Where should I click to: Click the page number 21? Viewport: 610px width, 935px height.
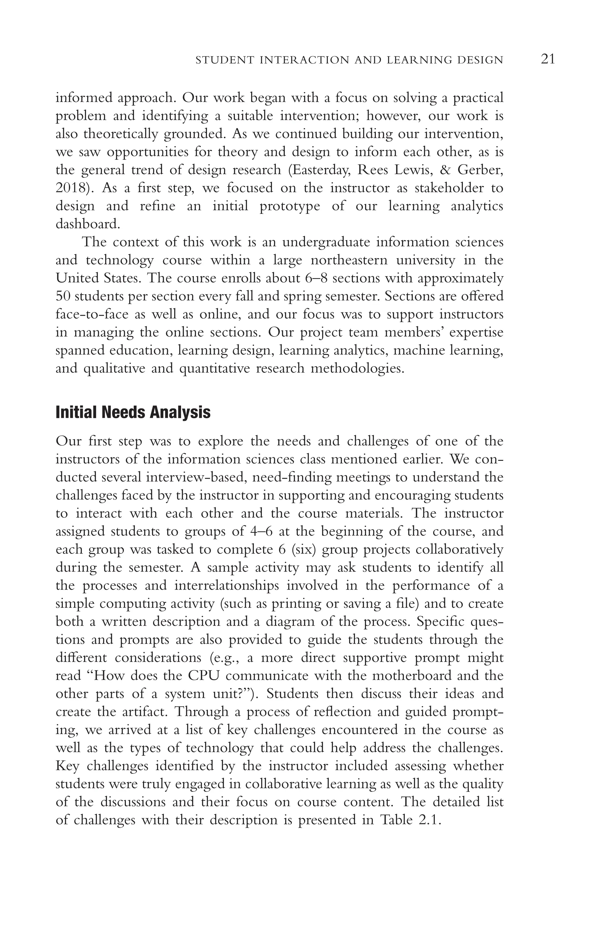coord(547,59)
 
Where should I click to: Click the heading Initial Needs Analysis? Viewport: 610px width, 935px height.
coord(133,413)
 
